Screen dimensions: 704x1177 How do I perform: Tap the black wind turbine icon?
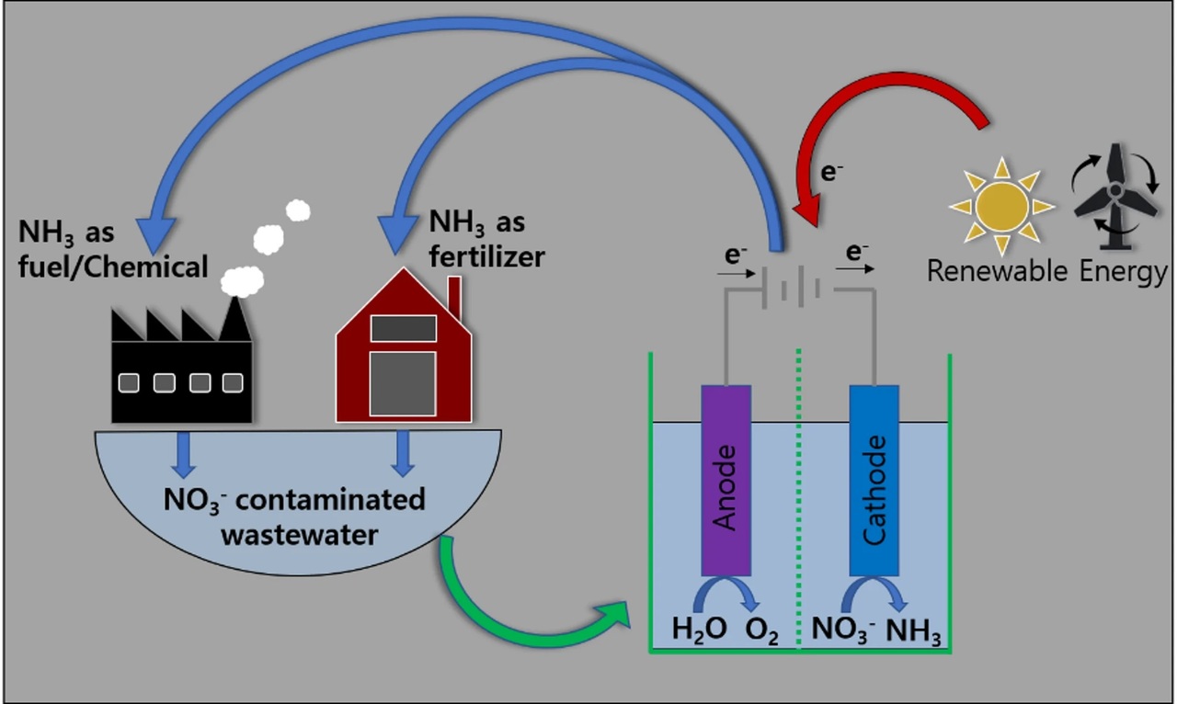click(1114, 195)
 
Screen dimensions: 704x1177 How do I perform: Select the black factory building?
click(182, 368)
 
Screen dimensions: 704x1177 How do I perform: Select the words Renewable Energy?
click(1046, 271)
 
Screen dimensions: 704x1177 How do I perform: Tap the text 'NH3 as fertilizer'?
click(487, 239)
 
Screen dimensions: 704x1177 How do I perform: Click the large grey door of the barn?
click(403, 382)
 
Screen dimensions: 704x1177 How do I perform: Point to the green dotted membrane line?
click(799, 496)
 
